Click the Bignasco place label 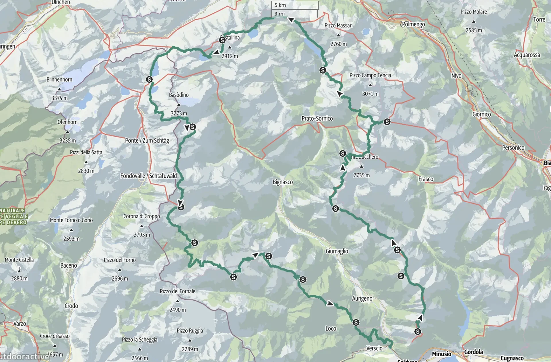coord(283,182)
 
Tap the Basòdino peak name coord(179,95)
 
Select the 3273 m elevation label coord(179,113)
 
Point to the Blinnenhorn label coord(59,80)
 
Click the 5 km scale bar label coord(280,5)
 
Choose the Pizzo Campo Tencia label coord(370,75)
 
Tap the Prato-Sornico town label coord(317,118)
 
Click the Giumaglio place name coord(337,251)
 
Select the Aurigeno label coord(362,299)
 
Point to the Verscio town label coord(374,348)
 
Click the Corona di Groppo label coord(141,216)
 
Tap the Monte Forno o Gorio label coord(71,220)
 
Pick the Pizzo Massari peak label coord(338,26)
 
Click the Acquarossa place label coord(527,55)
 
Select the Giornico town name coord(482,114)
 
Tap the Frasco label coord(426,179)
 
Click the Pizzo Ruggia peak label coord(190,331)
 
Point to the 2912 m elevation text coord(230,56)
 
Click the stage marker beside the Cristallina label coord(222,40)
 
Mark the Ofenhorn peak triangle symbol coord(67,132)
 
